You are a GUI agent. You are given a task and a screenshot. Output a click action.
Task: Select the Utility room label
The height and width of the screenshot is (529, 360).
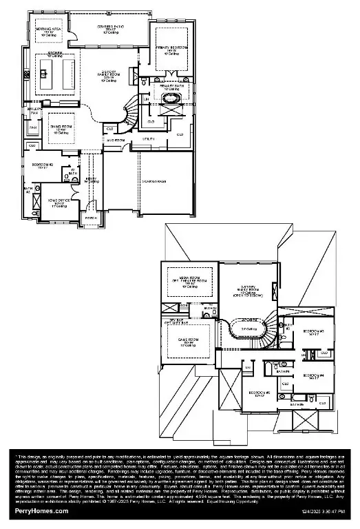click(148, 139)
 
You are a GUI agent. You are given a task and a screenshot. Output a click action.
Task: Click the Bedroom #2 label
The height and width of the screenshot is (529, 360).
click(46, 166)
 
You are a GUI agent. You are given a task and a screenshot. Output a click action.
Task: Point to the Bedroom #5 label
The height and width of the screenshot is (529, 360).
click(257, 395)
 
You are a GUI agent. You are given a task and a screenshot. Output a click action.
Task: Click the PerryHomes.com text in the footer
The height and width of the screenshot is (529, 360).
click(41, 511)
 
